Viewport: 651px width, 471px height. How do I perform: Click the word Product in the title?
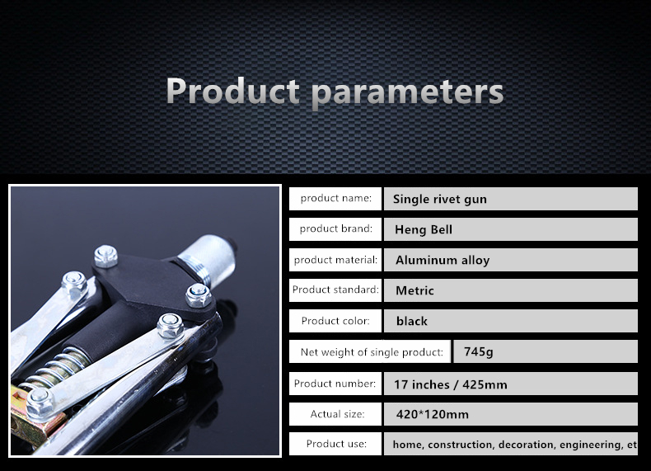[x=232, y=90]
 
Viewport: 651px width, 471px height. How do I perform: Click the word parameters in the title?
[x=408, y=93]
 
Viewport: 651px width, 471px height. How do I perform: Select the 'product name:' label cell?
[x=335, y=198]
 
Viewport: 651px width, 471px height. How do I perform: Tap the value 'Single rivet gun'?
[x=440, y=199]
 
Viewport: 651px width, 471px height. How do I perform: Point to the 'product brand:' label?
[x=335, y=228]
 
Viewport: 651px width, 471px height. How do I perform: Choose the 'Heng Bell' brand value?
[x=424, y=229]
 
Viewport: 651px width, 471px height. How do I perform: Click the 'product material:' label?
[x=335, y=260]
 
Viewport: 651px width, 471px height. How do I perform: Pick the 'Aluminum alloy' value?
[x=443, y=260]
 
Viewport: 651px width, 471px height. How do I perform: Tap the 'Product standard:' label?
[x=335, y=290]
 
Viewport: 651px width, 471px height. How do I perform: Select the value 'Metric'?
[x=414, y=290]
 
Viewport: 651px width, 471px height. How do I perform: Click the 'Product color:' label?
[x=335, y=321]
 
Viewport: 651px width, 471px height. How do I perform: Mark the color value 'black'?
[x=411, y=321]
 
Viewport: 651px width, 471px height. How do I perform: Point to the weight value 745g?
[x=478, y=351]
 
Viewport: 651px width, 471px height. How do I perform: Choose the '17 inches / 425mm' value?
[x=451, y=384]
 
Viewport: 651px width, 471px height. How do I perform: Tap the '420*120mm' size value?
[x=432, y=414]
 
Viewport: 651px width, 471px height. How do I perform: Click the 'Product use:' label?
[x=335, y=444]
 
